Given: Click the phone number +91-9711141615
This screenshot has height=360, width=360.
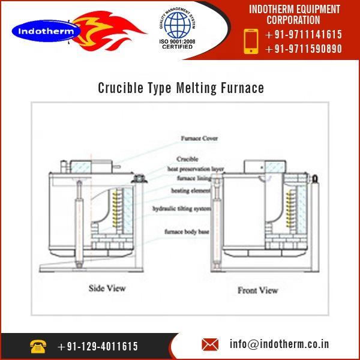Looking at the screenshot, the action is (304, 35).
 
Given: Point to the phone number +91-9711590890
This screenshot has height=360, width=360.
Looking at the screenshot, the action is (304, 50).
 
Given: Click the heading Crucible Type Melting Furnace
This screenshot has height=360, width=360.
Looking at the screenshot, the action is (181, 89).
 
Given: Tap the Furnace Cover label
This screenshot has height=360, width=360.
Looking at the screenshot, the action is (199, 139).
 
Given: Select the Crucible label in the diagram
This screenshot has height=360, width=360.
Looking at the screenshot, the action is (187, 159).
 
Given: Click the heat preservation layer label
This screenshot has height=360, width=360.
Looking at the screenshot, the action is (195, 169).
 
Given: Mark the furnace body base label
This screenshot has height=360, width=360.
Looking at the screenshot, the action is (187, 231).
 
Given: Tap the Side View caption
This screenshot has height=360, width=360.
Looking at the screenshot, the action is (107, 288).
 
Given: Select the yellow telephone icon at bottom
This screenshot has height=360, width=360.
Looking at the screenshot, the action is (38, 346).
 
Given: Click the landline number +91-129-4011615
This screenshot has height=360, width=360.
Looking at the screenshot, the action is (98, 346).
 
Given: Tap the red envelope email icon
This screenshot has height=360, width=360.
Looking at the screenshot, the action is (210, 345).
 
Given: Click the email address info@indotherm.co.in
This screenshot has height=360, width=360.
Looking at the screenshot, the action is (280, 345).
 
